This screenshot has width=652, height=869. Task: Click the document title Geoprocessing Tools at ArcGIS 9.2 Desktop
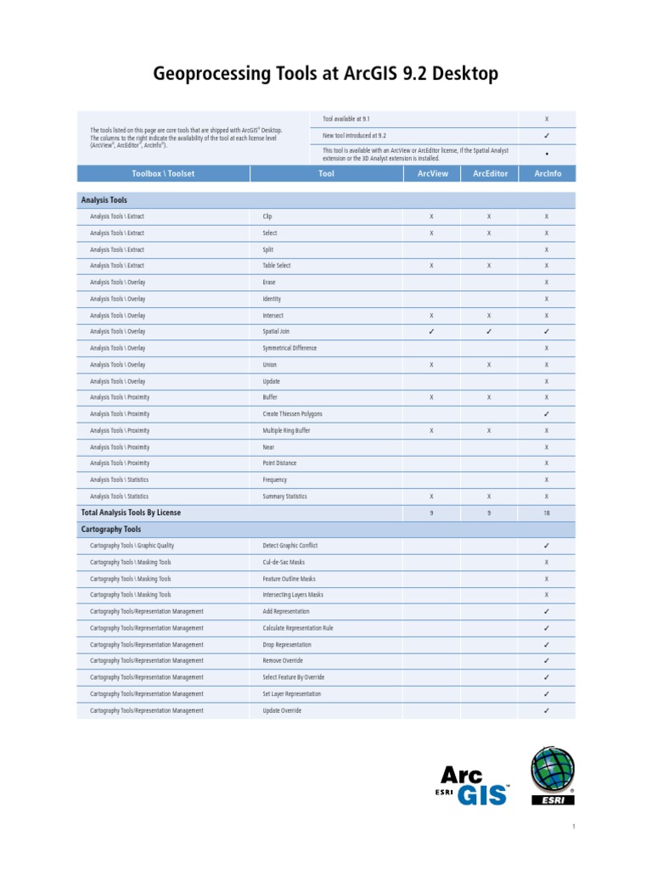[325, 75]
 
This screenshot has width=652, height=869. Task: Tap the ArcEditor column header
[489, 174]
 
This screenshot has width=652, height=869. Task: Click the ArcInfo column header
[547, 174]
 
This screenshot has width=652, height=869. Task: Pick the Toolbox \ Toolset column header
[163, 174]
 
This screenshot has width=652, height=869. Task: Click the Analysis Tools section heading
[104, 200]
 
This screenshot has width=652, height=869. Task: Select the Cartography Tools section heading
[110, 529]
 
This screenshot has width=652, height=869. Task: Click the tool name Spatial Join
[276, 332]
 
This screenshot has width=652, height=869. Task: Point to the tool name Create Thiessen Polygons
[292, 414]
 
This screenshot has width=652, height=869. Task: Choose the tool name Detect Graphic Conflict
[289, 546]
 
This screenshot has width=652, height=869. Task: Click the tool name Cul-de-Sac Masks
[284, 562]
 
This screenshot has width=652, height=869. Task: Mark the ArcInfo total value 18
[547, 513]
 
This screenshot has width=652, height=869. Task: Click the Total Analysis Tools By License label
[131, 513]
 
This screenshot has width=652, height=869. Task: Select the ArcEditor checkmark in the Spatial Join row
[489, 332]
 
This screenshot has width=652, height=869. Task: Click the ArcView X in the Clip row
[431, 216]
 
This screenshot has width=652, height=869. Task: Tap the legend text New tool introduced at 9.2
[354, 135]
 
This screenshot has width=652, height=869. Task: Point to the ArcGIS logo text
[474, 784]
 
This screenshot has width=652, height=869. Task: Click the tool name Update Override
[282, 710]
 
